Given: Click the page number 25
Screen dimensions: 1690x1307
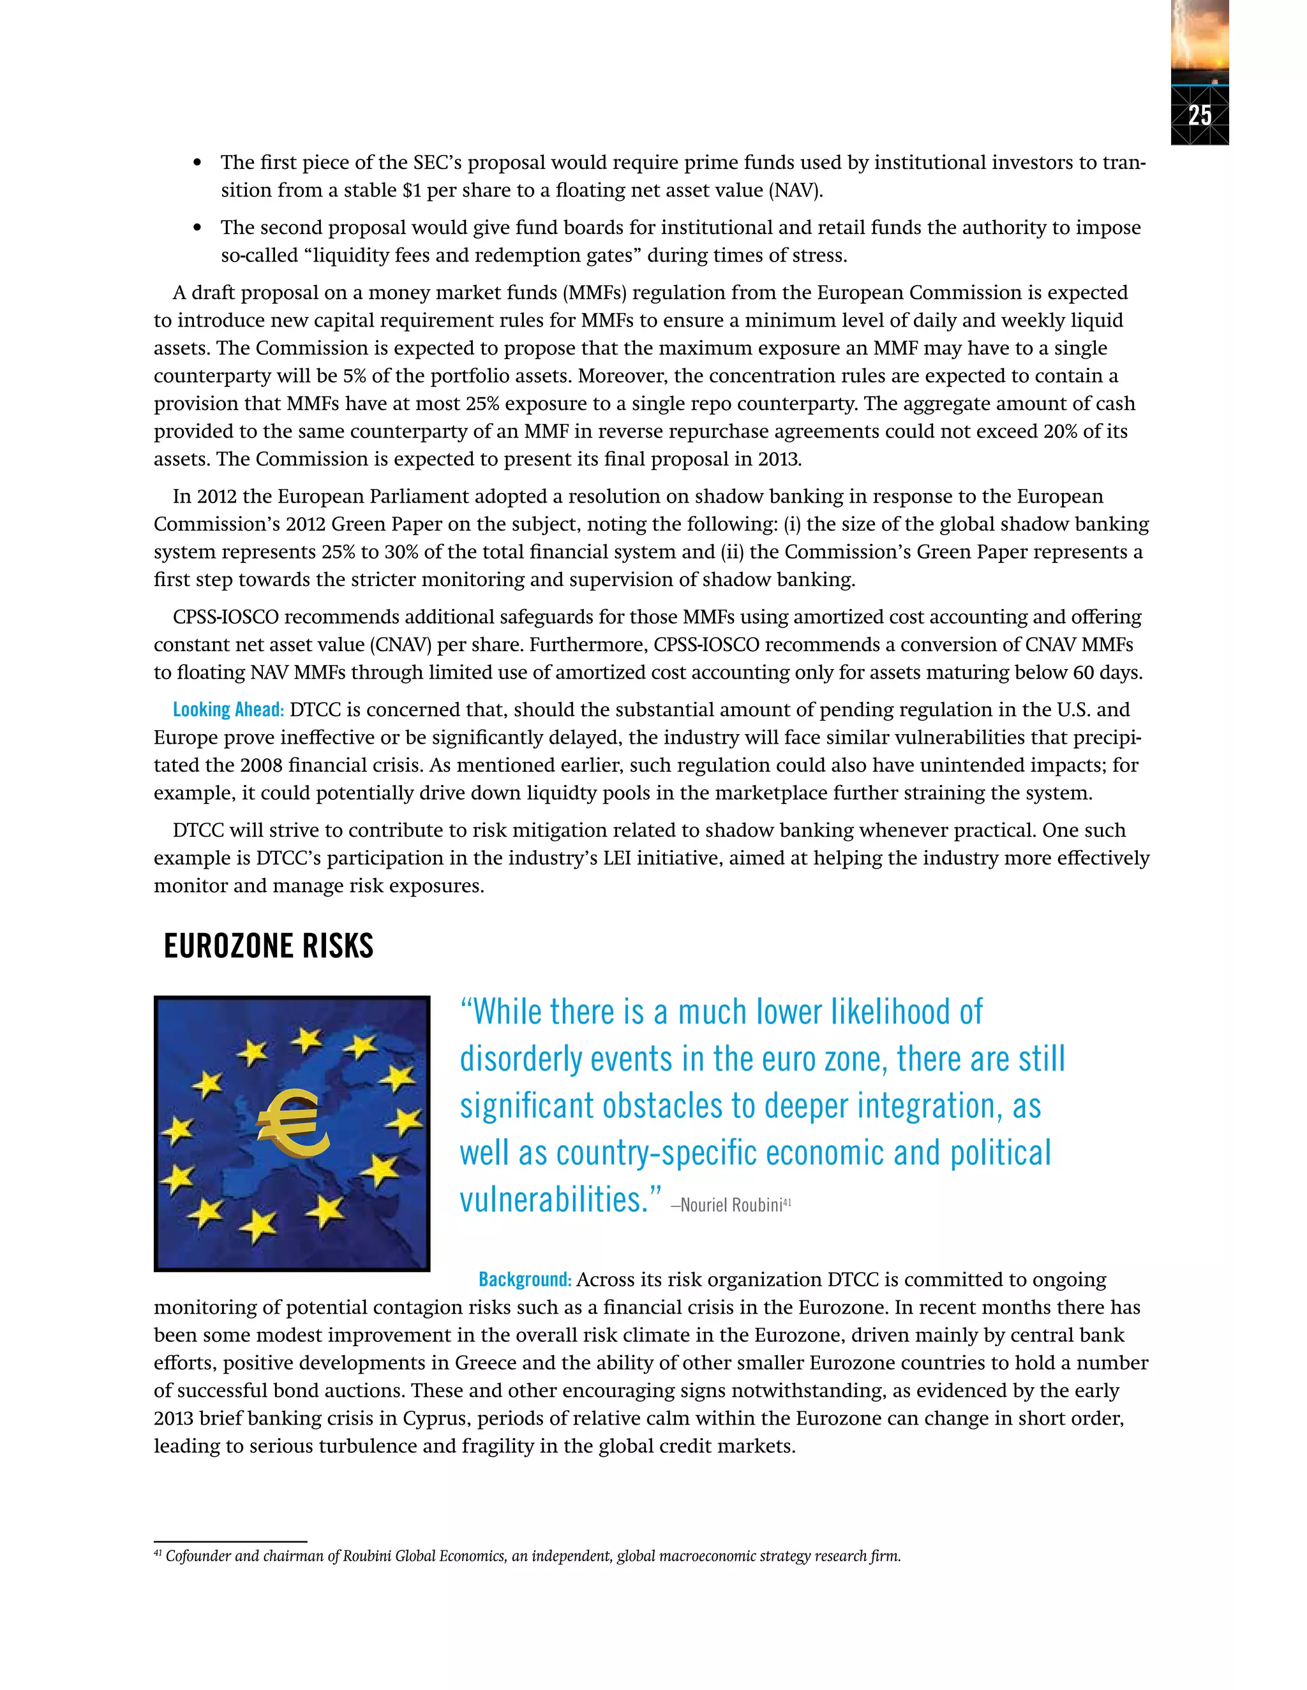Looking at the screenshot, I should [1199, 115].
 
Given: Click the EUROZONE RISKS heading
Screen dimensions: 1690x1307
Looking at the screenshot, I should [268, 946].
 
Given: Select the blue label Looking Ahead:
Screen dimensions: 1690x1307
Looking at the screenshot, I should [228, 710].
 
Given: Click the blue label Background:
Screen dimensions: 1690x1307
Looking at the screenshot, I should [525, 1279].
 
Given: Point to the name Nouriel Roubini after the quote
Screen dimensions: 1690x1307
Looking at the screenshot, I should [731, 1205].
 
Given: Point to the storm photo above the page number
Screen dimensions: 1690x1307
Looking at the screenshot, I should [1199, 39].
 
